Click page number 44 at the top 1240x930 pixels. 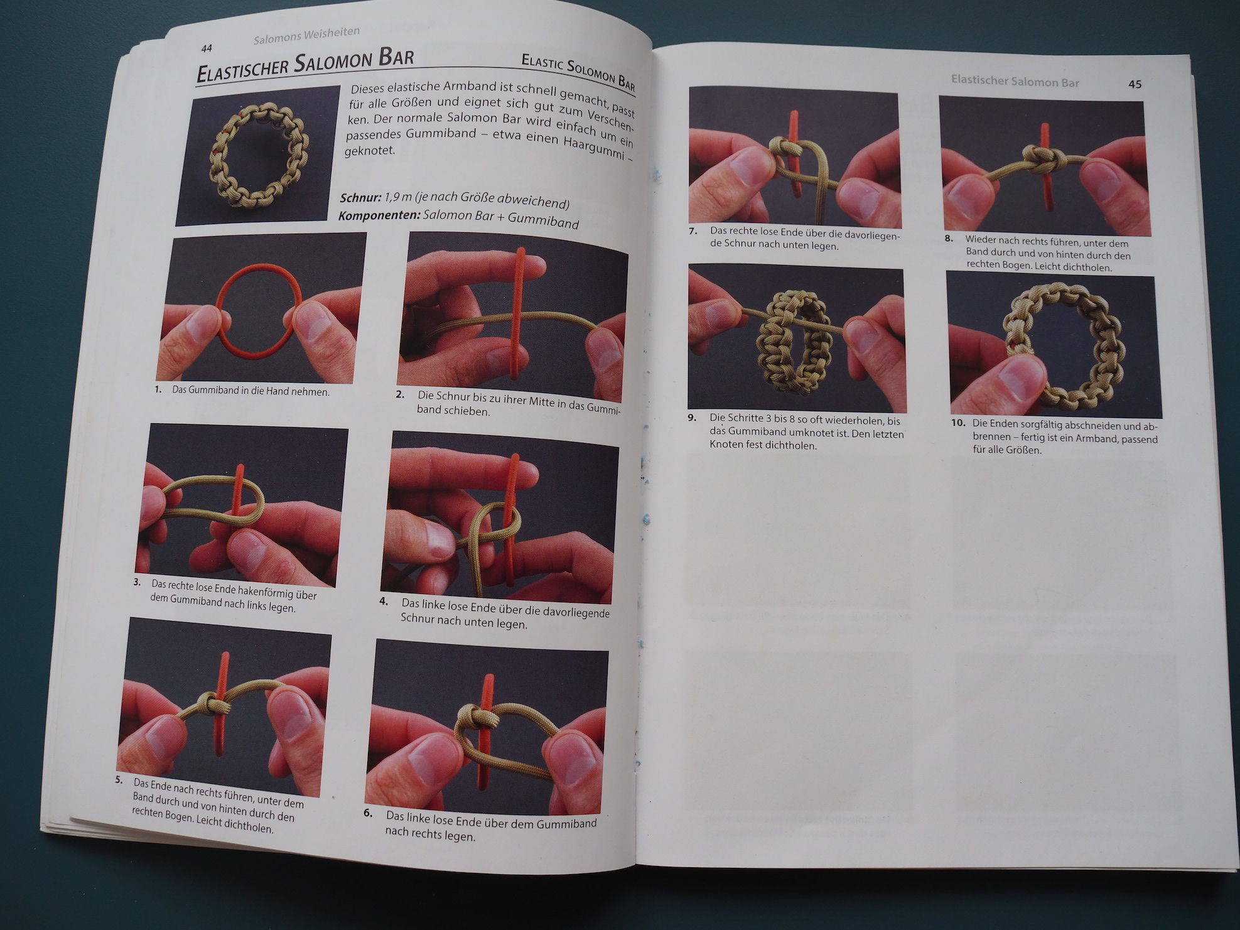coord(207,48)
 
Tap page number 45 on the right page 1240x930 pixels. coord(1135,84)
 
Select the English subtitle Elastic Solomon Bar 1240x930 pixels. coord(578,71)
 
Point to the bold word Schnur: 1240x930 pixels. coord(360,198)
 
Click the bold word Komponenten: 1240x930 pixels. coord(379,215)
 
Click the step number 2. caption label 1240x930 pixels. coord(400,394)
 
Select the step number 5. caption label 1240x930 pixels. coord(119,780)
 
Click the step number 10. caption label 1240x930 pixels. coord(957,423)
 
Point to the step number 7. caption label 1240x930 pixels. coord(693,231)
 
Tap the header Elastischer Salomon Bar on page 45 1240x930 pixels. coord(1015,81)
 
